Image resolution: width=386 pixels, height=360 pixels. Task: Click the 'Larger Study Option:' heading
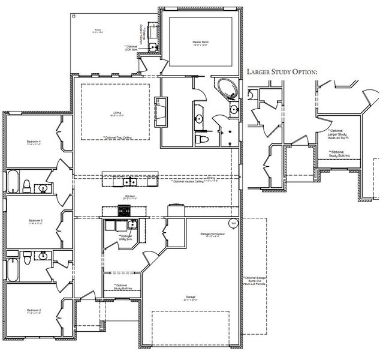click(281, 71)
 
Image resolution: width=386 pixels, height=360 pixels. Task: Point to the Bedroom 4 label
click(34, 142)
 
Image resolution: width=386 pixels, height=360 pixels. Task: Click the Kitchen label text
click(129, 196)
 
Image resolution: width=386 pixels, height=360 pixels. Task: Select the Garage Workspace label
click(211, 233)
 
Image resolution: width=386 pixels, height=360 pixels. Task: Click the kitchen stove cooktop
click(125, 210)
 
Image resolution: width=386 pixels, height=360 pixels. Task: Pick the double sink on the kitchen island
click(129, 181)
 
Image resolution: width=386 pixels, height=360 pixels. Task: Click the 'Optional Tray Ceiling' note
click(116, 137)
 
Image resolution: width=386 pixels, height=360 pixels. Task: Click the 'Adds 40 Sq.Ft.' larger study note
click(339, 137)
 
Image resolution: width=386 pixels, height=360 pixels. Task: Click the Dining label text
click(211, 178)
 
